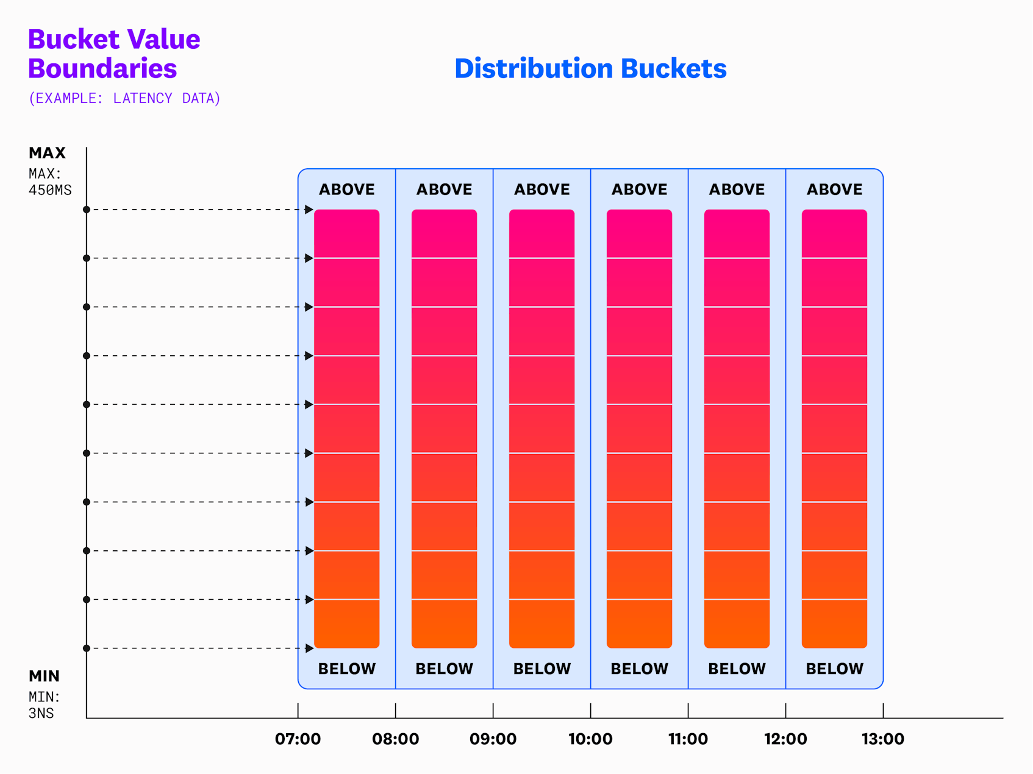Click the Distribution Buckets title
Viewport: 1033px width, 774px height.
590,68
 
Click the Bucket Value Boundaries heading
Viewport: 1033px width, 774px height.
114,54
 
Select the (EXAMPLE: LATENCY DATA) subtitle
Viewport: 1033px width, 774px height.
124,98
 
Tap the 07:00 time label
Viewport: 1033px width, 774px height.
298,739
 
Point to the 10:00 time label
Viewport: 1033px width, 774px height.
590,739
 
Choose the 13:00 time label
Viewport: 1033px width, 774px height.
882,739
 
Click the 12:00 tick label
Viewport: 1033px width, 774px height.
785,739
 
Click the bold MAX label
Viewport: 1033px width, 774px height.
47,152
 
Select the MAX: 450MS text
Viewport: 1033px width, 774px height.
50,182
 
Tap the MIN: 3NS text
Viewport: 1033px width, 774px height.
44,705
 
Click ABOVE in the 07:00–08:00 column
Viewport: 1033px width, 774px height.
347,190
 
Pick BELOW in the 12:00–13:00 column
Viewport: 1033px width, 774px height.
834,669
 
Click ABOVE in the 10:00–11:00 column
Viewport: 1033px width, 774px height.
639,190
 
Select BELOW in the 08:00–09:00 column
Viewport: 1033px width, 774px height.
444,669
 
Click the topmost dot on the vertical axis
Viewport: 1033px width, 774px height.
87,210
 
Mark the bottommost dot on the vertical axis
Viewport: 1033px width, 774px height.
87,648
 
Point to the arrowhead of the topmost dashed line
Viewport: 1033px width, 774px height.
309,210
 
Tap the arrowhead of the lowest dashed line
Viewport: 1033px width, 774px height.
309,648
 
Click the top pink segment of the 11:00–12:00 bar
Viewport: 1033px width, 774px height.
737,234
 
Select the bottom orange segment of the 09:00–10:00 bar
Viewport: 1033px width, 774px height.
542,624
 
